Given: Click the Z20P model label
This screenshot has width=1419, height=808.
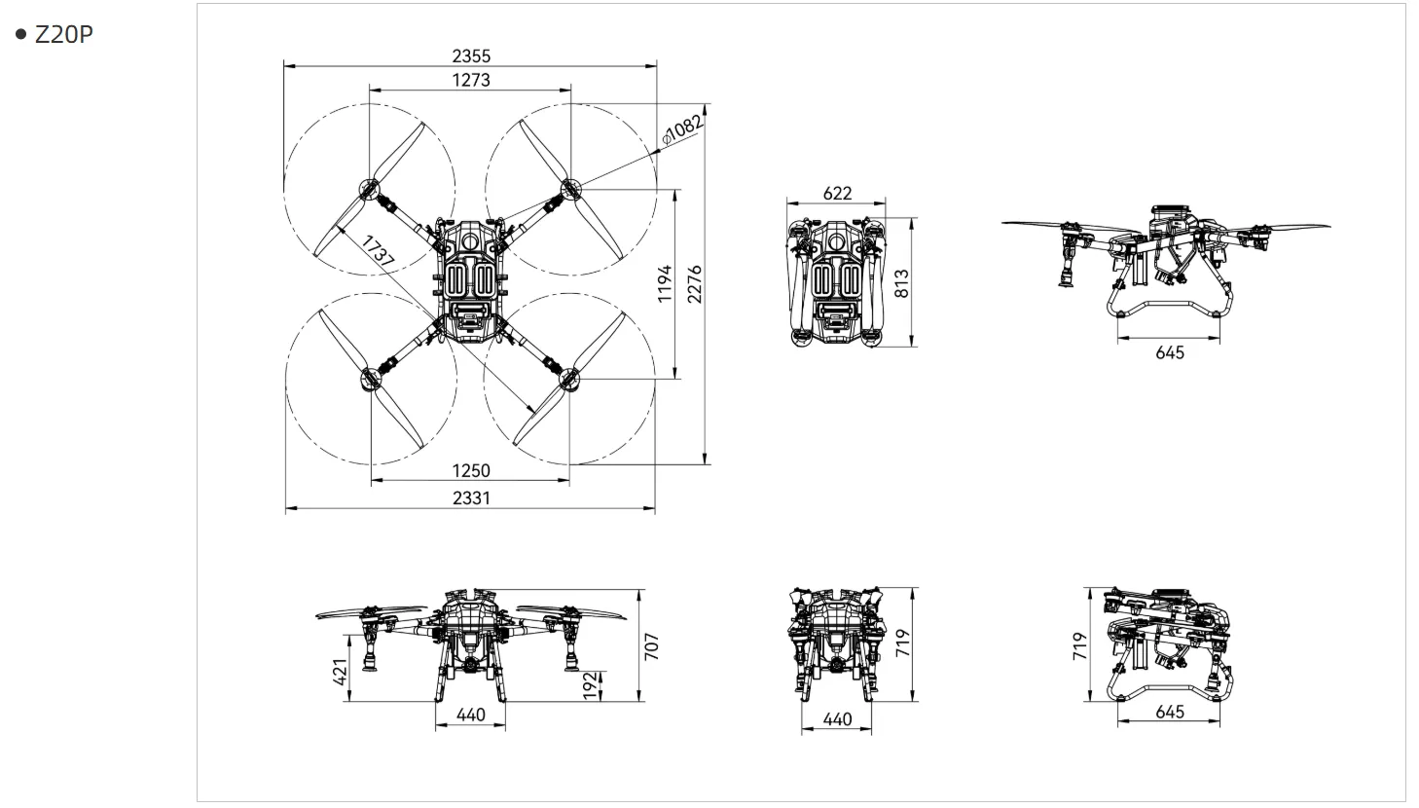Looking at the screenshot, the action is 63,34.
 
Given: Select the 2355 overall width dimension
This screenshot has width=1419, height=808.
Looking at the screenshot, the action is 471,56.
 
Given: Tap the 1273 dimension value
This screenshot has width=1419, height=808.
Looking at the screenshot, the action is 471,81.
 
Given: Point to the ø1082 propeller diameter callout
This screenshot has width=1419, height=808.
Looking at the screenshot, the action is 681,129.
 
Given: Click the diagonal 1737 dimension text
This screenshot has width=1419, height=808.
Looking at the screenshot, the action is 379,250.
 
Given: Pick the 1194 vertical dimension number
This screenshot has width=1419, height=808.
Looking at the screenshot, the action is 664,284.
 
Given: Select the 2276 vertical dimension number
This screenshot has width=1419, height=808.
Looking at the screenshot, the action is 695,284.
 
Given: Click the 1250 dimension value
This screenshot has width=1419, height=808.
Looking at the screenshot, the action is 471,471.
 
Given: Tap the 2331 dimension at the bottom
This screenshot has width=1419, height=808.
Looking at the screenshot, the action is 471,498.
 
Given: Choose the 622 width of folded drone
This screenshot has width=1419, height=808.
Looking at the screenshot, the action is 837,194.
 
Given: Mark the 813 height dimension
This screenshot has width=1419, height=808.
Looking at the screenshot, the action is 901,283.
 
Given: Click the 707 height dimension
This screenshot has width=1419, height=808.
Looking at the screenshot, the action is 652,646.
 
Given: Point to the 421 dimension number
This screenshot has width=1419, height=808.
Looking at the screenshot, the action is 341,672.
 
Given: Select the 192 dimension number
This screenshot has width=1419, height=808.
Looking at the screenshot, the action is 590,686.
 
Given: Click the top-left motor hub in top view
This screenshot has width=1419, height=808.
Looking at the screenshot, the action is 369,189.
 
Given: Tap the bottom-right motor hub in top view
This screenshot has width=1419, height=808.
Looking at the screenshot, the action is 569,379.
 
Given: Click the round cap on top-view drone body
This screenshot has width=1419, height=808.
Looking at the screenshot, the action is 470,240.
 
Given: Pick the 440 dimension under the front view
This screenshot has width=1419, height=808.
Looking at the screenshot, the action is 471,715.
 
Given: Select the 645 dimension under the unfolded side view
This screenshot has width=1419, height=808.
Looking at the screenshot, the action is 1170,353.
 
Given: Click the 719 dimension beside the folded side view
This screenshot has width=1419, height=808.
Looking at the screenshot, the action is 1080,646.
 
